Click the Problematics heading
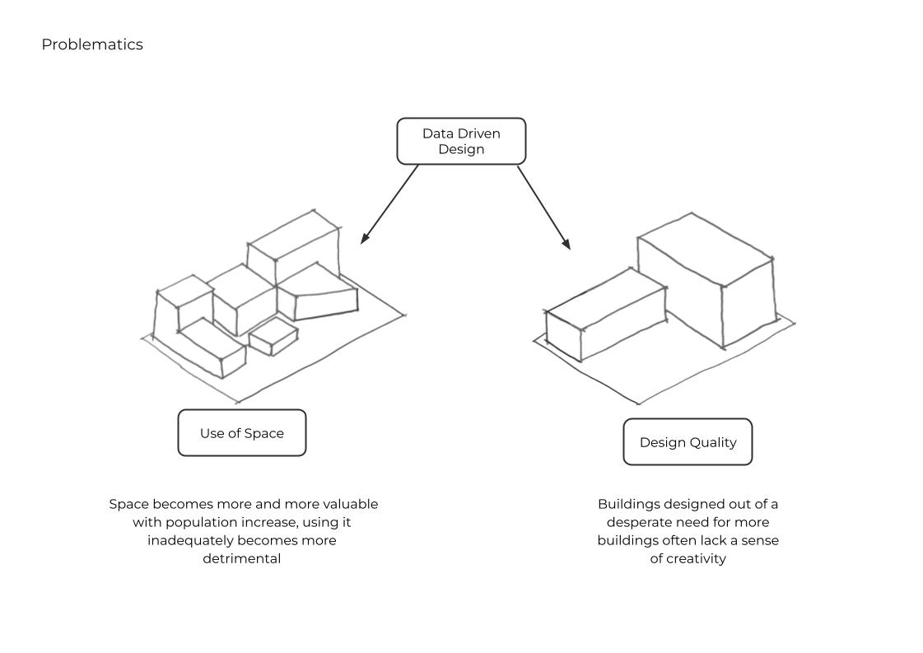click(92, 44)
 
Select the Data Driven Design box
click(461, 141)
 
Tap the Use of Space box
click(242, 433)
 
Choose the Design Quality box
click(688, 442)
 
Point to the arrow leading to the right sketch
click(543, 207)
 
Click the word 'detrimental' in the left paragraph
click(242, 558)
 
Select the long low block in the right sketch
click(605, 313)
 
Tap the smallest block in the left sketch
click(273, 336)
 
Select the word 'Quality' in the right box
click(713, 442)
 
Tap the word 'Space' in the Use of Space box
click(264, 433)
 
